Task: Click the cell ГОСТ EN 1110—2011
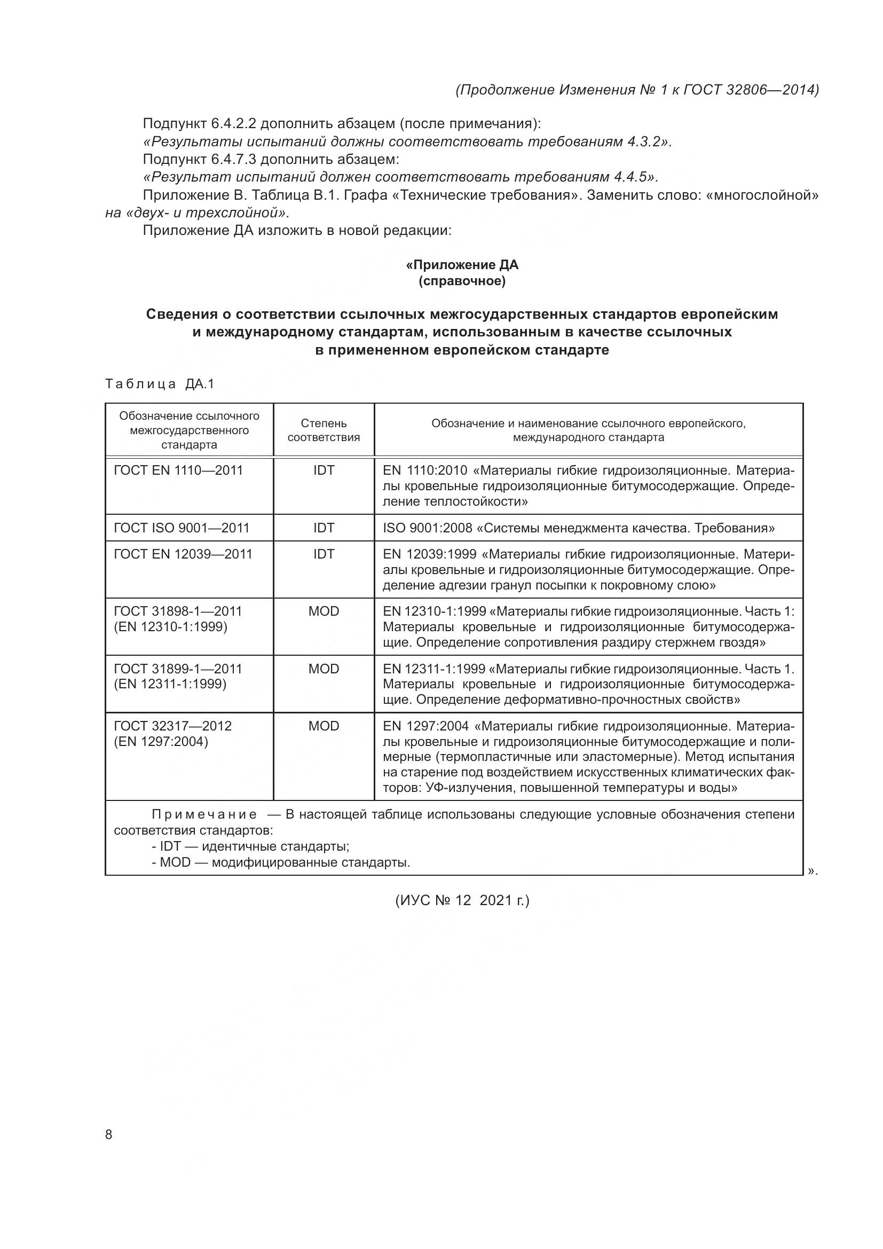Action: click(178, 470)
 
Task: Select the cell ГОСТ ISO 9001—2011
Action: click(182, 528)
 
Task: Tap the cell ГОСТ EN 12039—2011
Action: click(183, 554)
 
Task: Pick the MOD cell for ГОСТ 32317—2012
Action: click(324, 726)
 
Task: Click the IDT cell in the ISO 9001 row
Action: click(324, 528)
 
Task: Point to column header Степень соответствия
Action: click(324, 430)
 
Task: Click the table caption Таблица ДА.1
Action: click(159, 384)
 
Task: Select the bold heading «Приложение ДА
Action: click(462, 265)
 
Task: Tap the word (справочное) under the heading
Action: click(462, 281)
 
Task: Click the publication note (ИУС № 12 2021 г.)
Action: click(462, 900)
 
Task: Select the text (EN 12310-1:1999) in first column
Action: click(171, 627)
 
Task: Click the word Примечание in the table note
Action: click(204, 814)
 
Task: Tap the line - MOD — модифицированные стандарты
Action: click(281, 862)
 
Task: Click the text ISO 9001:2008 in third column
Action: click(428, 528)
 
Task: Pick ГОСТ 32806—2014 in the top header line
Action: click(750, 90)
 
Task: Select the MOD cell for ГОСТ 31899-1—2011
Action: click(324, 669)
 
